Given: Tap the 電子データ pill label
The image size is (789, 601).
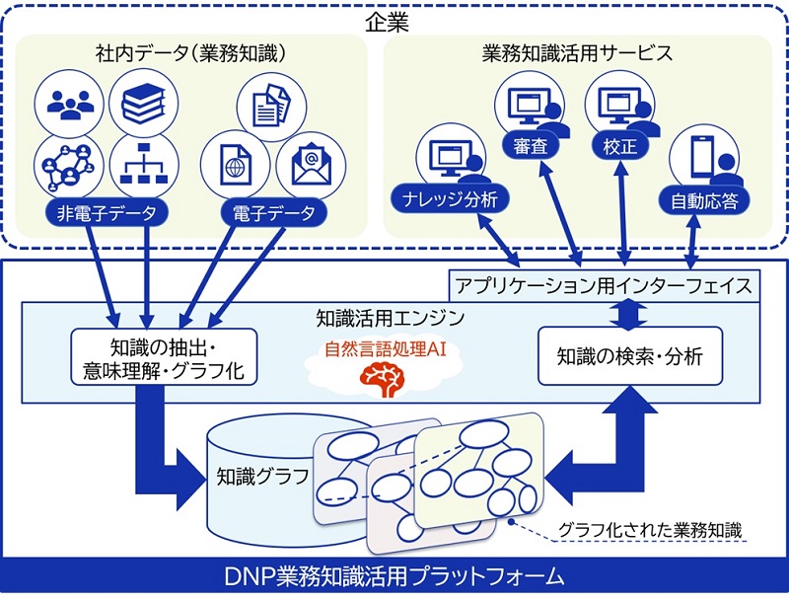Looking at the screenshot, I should tap(275, 212).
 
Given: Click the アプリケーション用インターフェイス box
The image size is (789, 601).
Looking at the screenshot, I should tap(604, 287).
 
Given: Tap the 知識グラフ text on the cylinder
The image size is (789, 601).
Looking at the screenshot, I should tap(262, 477).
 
